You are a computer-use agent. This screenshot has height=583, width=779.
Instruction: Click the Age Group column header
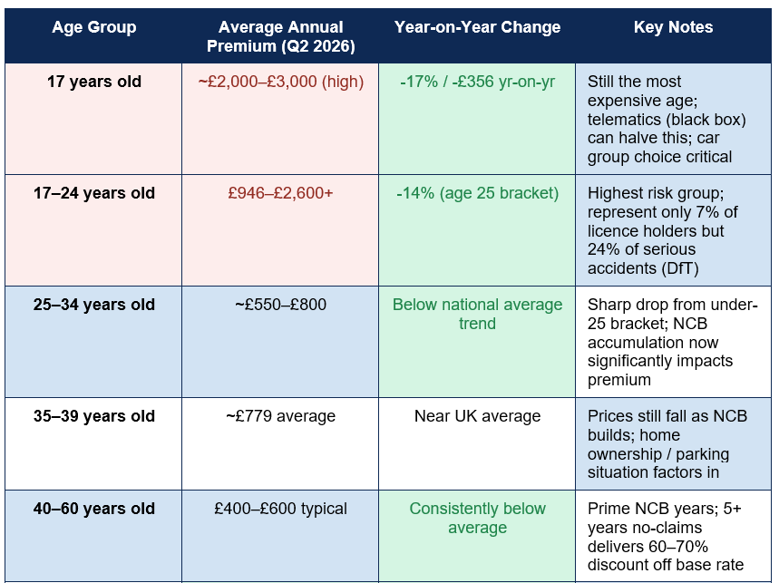point(94,27)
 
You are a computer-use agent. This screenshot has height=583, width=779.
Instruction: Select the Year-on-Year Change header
point(477,27)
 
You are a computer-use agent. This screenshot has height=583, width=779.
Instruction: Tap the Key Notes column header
point(673,27)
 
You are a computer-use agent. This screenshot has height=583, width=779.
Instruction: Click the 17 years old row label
point(94,82)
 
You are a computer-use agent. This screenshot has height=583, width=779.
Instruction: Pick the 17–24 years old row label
point(94,193)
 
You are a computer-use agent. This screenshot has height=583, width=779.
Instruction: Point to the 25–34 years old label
point(94,305)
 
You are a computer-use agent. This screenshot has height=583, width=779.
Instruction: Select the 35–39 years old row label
point(94,415)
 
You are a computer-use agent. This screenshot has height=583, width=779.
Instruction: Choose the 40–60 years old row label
point(94,509)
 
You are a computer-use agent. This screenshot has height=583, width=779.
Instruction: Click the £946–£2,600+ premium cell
point(280,193)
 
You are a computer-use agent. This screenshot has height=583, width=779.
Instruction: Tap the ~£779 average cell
point(280,415)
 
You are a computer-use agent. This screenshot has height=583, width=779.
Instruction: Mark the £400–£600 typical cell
point(280,509)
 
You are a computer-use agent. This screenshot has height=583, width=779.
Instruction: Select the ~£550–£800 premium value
point(280,305)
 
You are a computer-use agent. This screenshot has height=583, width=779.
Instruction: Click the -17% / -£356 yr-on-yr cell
point(477,82)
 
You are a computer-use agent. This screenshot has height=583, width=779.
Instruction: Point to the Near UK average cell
point(477,415)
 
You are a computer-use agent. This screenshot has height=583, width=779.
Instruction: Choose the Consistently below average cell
point(477,518)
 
